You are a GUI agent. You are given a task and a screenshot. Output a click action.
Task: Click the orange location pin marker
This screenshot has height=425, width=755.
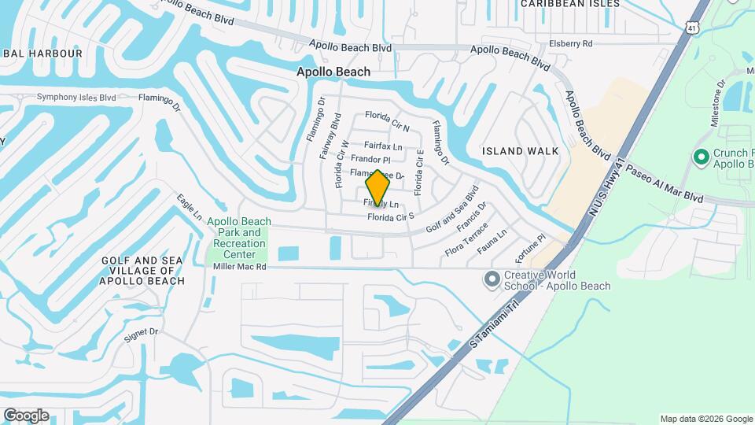(377, 187)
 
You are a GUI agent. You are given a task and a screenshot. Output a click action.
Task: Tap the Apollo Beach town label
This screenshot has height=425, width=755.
(333, 72)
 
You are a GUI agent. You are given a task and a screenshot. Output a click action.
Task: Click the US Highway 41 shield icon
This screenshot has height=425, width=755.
(691, 28)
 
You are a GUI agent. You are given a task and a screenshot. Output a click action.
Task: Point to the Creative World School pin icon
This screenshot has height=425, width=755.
(492, 279)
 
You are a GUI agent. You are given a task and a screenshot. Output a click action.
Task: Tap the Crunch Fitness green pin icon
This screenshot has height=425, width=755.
(701, 157)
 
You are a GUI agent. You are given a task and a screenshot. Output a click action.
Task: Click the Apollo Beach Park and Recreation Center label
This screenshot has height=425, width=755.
(240, 238)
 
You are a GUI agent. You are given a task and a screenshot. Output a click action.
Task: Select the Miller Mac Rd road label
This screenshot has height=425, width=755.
(240, 267)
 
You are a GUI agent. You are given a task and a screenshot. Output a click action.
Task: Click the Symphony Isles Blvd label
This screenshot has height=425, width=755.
(76, 98)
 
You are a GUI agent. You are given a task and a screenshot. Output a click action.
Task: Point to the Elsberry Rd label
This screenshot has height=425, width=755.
(570, 44)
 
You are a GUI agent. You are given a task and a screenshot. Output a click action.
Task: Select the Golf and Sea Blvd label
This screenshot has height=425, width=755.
(452, 209)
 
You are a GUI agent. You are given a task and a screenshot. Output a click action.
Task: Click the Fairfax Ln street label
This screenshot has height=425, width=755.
(383, 146)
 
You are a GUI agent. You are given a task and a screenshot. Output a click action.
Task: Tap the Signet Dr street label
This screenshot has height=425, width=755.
(142, 334)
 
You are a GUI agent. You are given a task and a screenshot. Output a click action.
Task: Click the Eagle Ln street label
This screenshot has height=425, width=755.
(190, 207)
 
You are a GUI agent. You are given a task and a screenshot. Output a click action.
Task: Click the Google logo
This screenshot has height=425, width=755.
(26, 416)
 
